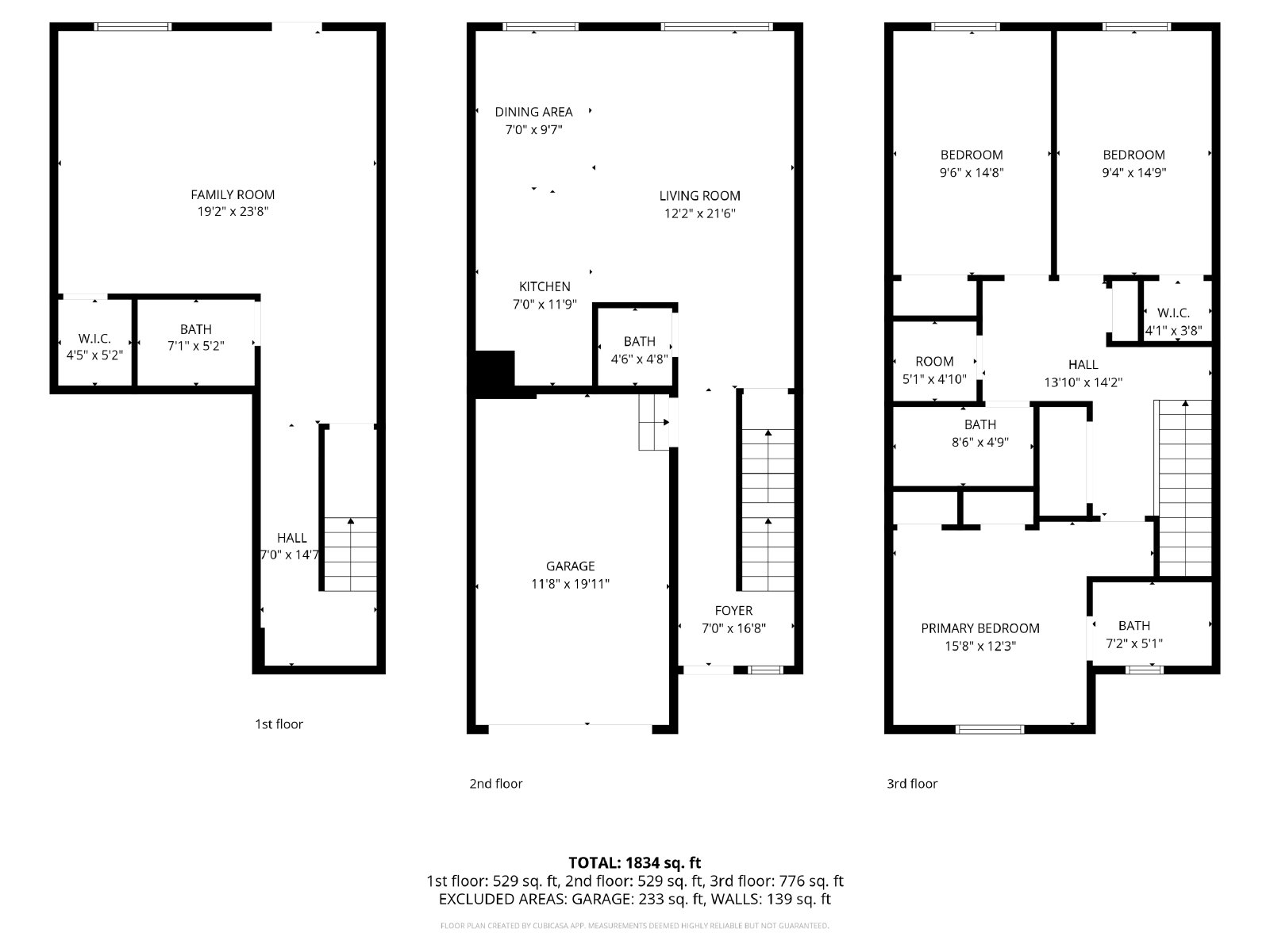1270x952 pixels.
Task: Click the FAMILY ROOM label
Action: coord(233,195)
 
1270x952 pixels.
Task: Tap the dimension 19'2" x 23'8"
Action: coord(233,212)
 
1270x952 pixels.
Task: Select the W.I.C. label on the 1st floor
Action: coord(94,338)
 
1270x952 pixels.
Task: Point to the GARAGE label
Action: coord(570,566)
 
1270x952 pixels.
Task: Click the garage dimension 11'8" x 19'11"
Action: coord(570,584)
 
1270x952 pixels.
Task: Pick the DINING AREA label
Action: coord(533,112)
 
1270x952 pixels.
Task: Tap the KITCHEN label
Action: coord(545,286)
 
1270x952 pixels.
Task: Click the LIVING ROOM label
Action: coord(699,196)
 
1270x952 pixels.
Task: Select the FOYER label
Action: coord(733,610)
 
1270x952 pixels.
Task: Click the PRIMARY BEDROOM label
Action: coord(980,628)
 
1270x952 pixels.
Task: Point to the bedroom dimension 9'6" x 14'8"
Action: coord(972,172)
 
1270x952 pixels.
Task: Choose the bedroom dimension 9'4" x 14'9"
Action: coord(1133,172)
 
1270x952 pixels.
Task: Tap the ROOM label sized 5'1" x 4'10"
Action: coord(934,362)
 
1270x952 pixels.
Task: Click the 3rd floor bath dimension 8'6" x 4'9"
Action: coord(980,442)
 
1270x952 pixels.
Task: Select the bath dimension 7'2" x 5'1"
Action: coord(1134,643)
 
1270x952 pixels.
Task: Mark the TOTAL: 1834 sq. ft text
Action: coord(635,863)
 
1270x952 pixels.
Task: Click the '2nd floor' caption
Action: coord(496,784)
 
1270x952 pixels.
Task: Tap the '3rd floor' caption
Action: coord(912,784)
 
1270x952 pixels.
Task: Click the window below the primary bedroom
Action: coord(990,729)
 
